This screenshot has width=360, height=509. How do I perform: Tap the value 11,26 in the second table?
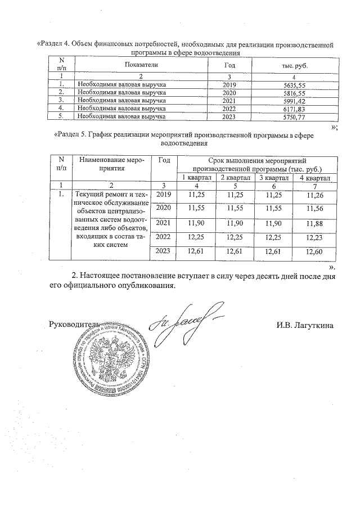(312, 196)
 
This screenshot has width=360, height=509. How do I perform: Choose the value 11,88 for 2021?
(312, 224)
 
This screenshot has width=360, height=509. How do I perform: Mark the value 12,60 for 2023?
(312, 251)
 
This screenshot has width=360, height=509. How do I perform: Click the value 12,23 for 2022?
(312, 238)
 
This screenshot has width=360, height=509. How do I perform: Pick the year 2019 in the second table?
(164, 195)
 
